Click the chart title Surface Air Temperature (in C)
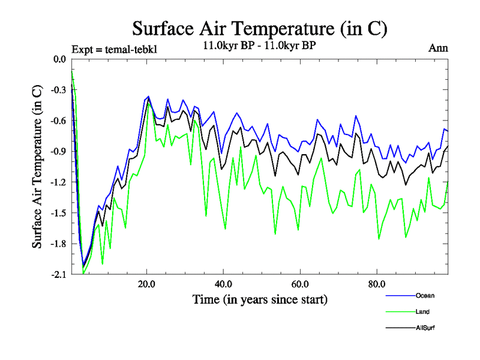point(260,28)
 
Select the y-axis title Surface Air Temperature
point(37,167)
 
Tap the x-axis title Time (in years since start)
point(260,299)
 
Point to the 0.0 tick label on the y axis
point(59,59)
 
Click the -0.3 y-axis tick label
point(58,89)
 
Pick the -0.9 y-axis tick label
point(58,151)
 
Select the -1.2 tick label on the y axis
point(58,182)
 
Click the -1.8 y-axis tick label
point(58,244)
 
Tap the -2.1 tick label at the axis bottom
point(58,274)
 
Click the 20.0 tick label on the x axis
point(147,284)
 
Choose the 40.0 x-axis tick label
point(223,284)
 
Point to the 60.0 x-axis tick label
point(299,284)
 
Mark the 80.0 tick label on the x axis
point(376,284)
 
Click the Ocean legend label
point(424,295)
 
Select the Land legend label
point(422,311)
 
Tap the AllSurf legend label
point(425,328)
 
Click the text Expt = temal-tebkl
point(114,49)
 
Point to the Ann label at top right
point(438,48)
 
